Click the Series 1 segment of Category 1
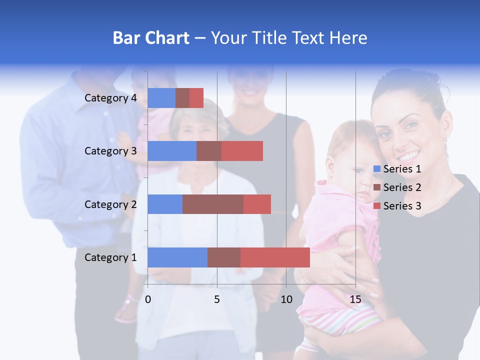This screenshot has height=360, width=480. (177, 257)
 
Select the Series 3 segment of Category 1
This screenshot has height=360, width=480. (275, 257)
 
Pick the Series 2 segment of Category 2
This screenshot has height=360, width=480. (213, 204)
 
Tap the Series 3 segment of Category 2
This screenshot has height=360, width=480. (257, 204)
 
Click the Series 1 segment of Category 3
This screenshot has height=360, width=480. (172, 151)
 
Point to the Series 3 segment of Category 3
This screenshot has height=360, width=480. (242, 151)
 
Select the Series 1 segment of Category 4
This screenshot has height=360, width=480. (161, 98)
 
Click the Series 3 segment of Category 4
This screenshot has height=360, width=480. (196, 98)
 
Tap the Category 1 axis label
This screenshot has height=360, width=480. (110, 257)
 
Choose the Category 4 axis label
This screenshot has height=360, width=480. (110, 98)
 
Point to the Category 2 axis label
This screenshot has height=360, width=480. (110, 204)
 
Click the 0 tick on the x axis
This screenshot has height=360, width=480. (148, 299)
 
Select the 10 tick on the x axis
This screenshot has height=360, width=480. (286, 299)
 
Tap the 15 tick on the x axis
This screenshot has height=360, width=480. (355, 299)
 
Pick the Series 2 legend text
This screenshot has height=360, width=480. (402, 187)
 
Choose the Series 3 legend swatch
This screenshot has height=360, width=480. (377, 206)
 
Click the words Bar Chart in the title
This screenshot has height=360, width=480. (151, 38)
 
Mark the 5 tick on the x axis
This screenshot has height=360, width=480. (217, 299)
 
